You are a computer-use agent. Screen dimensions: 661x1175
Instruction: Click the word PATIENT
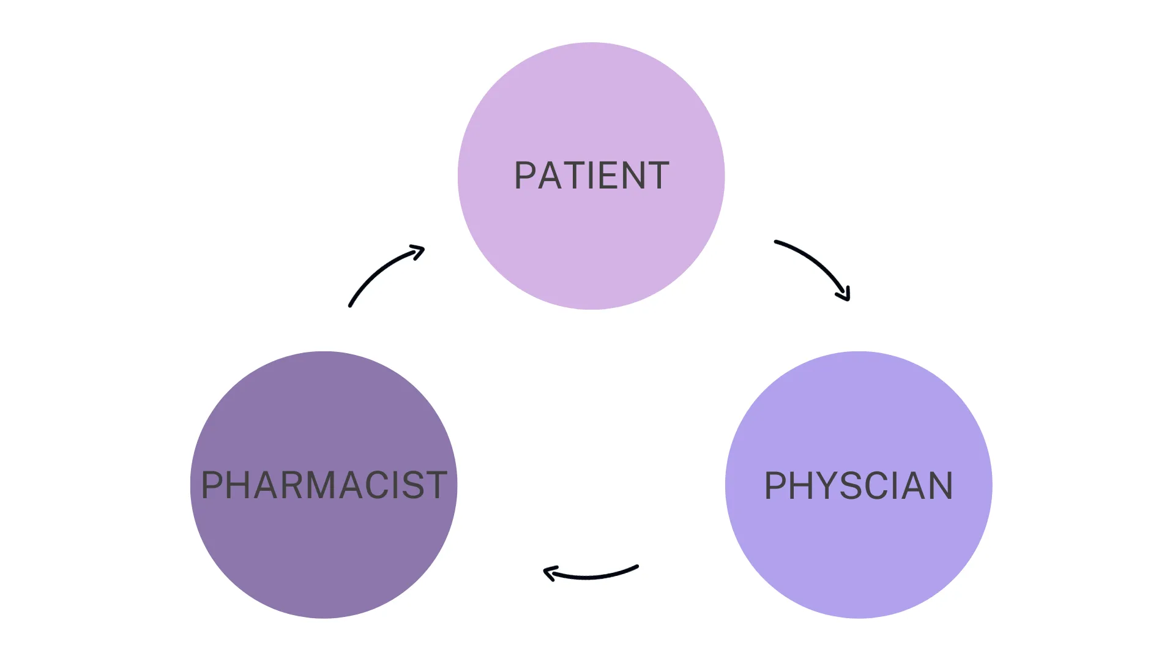point(591,176)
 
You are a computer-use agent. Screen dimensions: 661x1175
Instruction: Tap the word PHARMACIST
point(324,485)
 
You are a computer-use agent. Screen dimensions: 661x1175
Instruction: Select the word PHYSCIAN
point(859,486)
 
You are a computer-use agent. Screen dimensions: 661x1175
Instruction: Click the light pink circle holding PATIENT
point(591,245)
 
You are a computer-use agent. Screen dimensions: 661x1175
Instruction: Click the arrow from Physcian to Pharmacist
point(591,576)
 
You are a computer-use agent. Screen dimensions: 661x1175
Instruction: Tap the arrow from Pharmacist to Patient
point(380,269)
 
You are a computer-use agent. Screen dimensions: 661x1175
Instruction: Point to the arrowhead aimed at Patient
point(419,250)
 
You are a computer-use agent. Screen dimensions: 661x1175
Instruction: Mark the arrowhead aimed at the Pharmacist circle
point(549,573)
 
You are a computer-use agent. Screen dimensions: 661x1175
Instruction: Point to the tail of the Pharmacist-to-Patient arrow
point(351,305)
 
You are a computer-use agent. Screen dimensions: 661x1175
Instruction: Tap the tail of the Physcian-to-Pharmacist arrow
point(636,567)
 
